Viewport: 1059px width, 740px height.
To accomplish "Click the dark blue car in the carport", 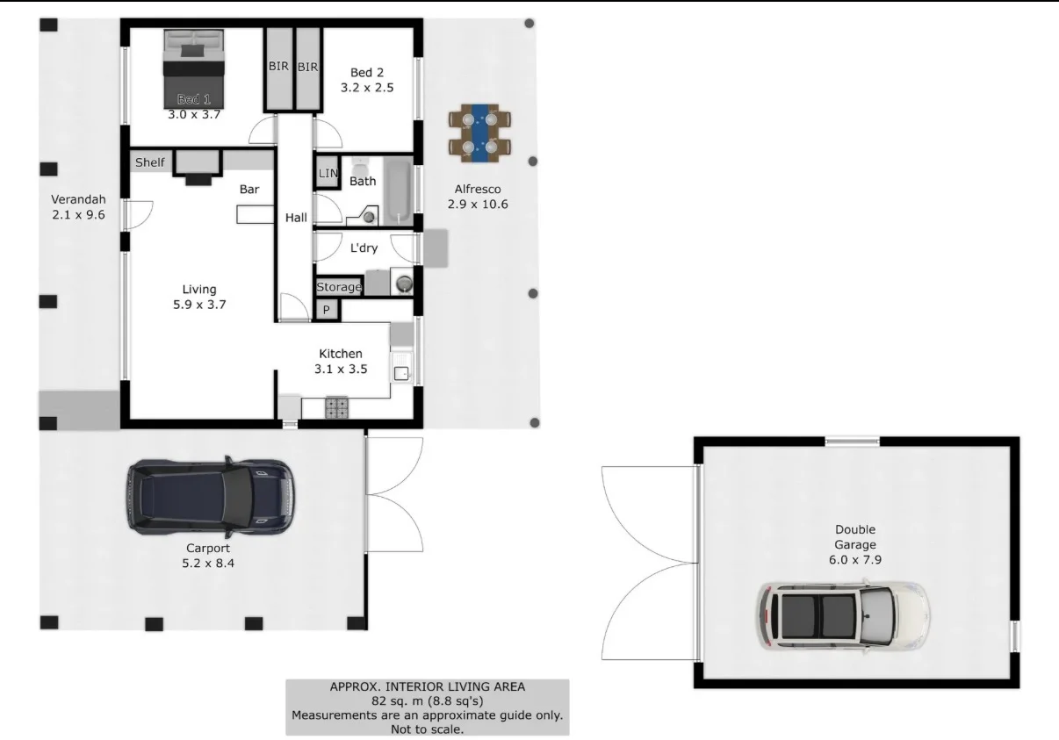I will [210, 497].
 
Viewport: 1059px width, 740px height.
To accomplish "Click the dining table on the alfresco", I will [479, 133].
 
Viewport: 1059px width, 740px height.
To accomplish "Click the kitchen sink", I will [402, 372].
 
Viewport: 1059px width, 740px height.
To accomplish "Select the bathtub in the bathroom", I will [398, 192].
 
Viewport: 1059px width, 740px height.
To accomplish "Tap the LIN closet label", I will [328, 174].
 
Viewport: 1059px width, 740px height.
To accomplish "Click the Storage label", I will [338, 287].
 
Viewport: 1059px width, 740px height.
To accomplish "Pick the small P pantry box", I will [327, 310].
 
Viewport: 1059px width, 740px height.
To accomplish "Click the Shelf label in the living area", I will [149, 162].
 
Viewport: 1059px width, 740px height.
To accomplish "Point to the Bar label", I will [249, 189].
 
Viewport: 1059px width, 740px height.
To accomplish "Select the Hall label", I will [296, 218].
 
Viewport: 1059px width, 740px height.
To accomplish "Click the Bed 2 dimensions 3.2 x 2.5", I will [367, 88].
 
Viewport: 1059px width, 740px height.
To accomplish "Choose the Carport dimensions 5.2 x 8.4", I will [207, 564].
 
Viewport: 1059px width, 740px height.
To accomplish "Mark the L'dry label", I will [364, 248].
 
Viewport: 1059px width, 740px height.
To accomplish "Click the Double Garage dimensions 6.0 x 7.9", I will [854, 559].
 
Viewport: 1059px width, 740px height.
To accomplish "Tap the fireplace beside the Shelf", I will [198, 168].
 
